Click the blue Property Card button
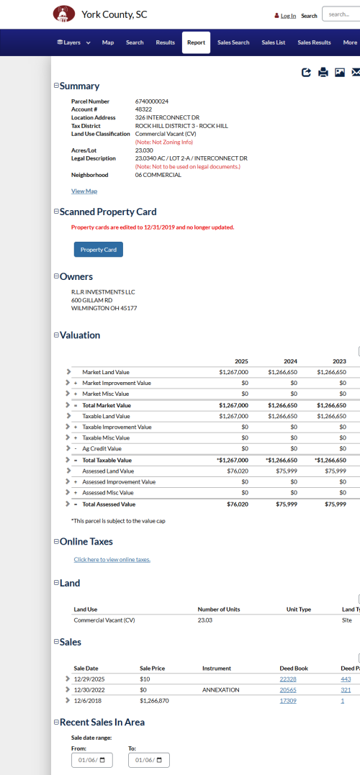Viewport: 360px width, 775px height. pyautogui.click(x=99, y=250)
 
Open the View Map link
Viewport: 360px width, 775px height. pyautogui.click(x=84, y=191)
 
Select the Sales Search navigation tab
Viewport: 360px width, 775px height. pyautogui.click(x=233, y=42)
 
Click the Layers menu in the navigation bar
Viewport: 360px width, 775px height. pyautogui.click(x=73, y=42)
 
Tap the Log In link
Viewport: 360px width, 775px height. pyautogui.click(x=288, y=16)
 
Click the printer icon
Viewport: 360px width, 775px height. pyautogui.click(x=323, y=72)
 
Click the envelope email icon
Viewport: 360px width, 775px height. pyautogui.click(x=355, y=72)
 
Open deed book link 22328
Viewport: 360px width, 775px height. pyautogui.click(x=287, y=679)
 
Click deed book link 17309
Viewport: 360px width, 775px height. pyautogui.click(x=287, y=700)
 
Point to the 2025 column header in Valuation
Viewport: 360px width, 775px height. pyautogui.click(x=241, y=361)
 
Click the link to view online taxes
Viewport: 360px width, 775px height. pyautogui.click(x=112, y=559)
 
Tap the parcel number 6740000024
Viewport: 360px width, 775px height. pyautogui.click(x=152, y=101)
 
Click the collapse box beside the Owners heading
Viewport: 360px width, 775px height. pyautogui.click(x=57, y=276)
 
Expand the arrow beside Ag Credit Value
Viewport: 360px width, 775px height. pyautogui.click(x=68, y=448)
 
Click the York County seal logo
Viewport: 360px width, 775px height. pyautogui.click(x=64, y=14)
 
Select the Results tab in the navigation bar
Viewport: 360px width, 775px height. pyautogui.click(x=166, y=42)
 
